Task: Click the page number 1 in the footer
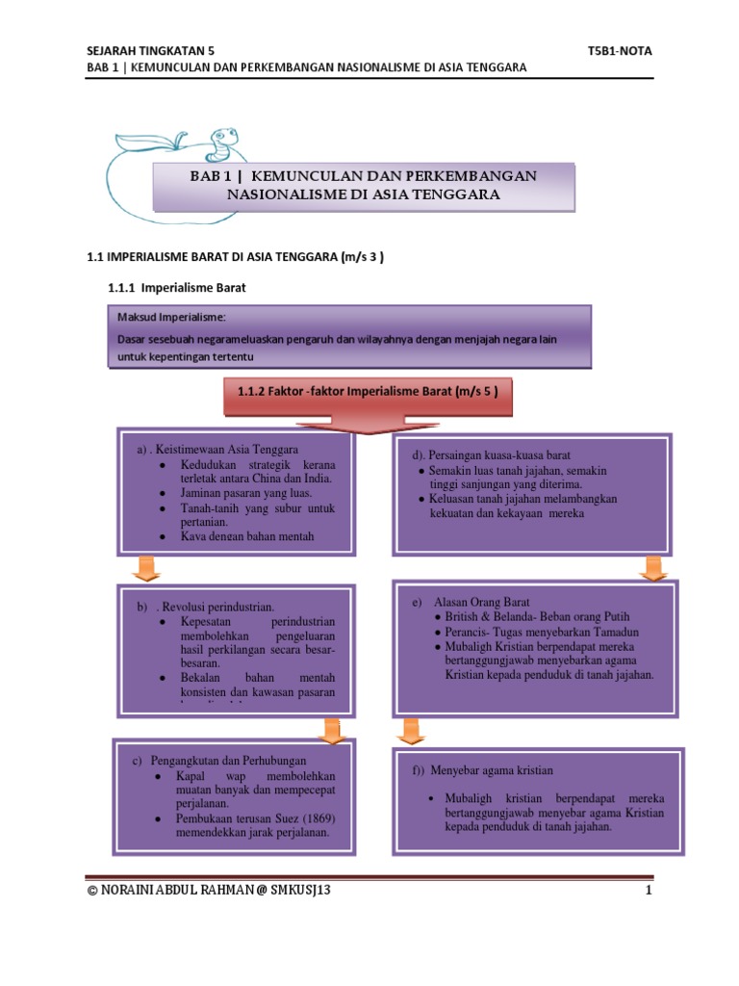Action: pyautogui.click(x=650, y=892)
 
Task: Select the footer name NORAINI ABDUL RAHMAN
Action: pyautogui.click(x=173, y=892)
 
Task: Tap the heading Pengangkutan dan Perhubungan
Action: pyautogui.click(x=222, y=762)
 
